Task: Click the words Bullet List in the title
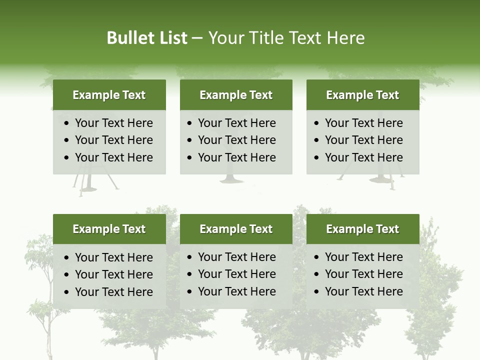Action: (x=146, y=38)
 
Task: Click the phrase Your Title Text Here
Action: (x=286, y=38)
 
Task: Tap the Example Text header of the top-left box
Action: (x=109, y=95)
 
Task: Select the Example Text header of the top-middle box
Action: (x=236, y=95)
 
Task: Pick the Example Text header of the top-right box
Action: (x=362, y=95)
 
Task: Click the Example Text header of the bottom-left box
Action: (x=109, y=229)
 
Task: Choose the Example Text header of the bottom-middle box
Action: (x=236, y=229)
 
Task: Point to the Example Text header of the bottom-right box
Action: (x=362, y=229)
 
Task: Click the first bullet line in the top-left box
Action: (x=114, y=123)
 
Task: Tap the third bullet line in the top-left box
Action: (x=114, y=157)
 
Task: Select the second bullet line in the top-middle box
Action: (x=237, y=140)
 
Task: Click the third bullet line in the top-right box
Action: (x=364, y=157)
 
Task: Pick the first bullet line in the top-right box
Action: (x=364, y=123)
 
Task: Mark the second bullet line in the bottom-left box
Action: (x=114, y=274)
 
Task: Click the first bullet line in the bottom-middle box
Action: (x=237, y=257)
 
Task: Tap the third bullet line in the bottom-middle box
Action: (x=237, y=291)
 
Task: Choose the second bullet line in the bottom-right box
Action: (x=364, y=274)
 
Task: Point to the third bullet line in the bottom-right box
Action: (x=364, y=291)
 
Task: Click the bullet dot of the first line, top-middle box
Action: (x=189, y=123)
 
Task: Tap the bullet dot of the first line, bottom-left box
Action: (x=67, y=258)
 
